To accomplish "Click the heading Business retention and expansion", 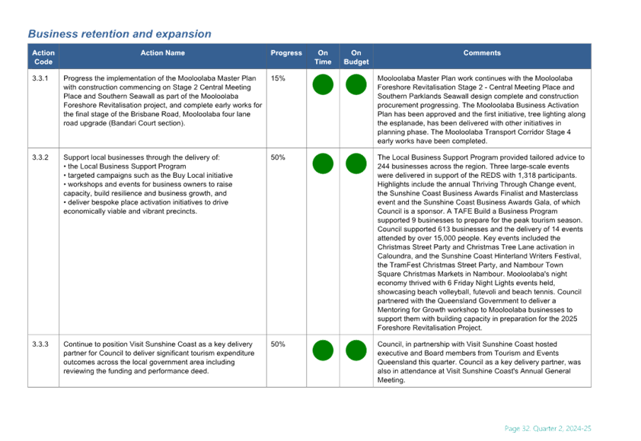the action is [x=120, y=34].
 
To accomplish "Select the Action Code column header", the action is [x=43, y=57].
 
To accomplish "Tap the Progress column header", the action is [x=286, y=52].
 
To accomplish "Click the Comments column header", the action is [x=482, y=52].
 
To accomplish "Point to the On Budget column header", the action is [x=356, y=57].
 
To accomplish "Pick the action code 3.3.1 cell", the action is [x=40, y=78].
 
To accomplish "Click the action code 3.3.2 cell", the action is [x=40, y=157].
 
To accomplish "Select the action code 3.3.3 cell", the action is [x=40, y=344].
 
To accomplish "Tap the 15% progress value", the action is [x=278, y=78].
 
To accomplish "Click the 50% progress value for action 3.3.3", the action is [x=278, y=344].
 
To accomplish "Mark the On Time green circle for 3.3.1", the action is [x=323, y=84].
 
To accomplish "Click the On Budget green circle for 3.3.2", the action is [x=356, y=163].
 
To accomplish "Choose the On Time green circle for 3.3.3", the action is [x=323, y=351].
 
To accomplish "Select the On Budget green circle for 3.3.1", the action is [x=356, y=84].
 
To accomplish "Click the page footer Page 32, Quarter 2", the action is [x=548, y=428].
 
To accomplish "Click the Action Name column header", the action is [x=163, y=52].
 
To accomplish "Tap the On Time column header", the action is [x=323, y=57].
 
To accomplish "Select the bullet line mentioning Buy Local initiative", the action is [x=148, y=176].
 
